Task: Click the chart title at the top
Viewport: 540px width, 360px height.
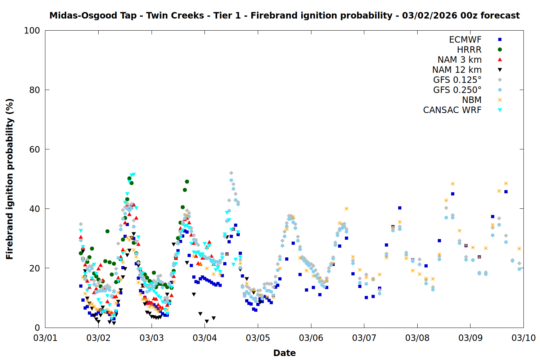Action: [284, 15]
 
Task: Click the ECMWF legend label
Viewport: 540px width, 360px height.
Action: [465, 40]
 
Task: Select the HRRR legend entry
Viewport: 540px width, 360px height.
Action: [469, 50]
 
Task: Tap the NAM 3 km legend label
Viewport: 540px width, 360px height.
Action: [459, 60]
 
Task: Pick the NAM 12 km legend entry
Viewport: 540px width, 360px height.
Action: [457, 70]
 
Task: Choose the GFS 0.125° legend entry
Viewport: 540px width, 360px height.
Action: [457, 80]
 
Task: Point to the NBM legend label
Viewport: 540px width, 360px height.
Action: [472, 100]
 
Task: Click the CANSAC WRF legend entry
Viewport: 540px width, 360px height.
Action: [452, 110]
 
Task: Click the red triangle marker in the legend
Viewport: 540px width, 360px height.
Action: [500, 60]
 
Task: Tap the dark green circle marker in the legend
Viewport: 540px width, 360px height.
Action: [500, 50]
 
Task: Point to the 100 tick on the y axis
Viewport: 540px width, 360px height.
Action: [32, 31]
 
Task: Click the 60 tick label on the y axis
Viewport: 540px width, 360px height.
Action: [35, 149]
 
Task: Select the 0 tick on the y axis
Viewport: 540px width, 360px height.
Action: [37, 328]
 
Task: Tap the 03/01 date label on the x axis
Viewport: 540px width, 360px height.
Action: [45, 338]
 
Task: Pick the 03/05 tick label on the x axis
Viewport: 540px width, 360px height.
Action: [258, 338]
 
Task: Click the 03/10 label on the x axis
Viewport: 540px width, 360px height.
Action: [523, 338]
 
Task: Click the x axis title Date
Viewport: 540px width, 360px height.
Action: [284, 353]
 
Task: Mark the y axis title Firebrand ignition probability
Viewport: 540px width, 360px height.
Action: [10, 179]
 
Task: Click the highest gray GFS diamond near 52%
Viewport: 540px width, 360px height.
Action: [231, 173]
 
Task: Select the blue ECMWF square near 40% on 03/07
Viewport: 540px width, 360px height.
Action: [400, 208]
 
